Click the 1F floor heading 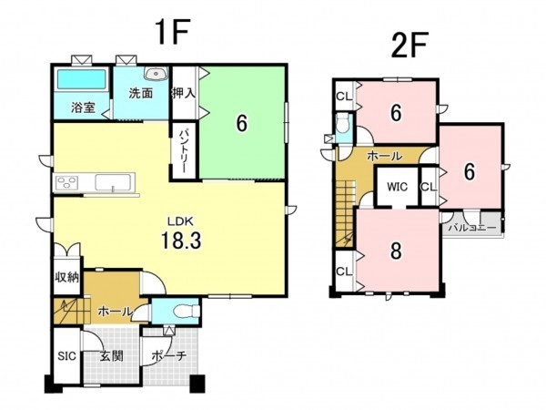point(173,32)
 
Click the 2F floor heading point(409,45)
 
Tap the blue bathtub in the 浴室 point(82,79)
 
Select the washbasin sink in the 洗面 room point(156,74)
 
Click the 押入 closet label point(184,93)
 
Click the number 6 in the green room point(242,123)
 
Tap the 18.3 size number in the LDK point(181,241)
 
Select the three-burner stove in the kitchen point(67,183)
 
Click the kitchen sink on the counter point(113,182)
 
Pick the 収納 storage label point(66,278)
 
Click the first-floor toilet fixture point(187,311)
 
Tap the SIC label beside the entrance point(66,356)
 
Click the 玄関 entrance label point(111,356)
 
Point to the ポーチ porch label point(169,356)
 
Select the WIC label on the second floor point(397,187)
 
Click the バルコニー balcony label point(471,229)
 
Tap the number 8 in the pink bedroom point(396,251)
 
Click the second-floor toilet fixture point(343,125)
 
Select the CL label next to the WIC point(429,187)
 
